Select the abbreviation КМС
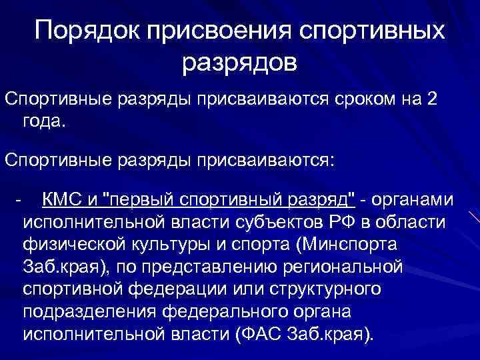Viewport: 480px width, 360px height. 64,199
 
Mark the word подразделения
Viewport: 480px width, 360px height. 93,312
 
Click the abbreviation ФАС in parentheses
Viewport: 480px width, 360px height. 258,334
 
